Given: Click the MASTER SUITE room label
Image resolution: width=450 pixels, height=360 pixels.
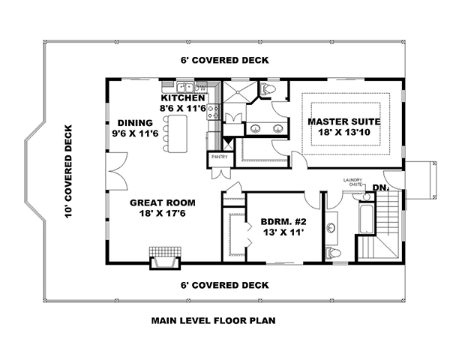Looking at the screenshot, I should [345, 121].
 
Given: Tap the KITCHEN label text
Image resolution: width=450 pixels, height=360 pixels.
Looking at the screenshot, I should [182, 98].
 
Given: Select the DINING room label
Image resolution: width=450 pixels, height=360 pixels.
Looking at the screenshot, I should [135, 122].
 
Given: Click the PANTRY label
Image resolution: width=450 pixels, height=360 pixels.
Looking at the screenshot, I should [219, 157].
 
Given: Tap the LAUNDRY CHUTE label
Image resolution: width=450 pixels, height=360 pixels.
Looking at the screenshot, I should [353, 182].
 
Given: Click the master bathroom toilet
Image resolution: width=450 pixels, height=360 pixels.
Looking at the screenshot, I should [268, 89].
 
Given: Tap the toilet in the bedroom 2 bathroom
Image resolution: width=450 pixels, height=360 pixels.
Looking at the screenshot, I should [336, 252].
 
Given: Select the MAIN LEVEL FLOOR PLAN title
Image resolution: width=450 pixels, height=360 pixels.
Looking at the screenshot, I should [214, 320].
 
